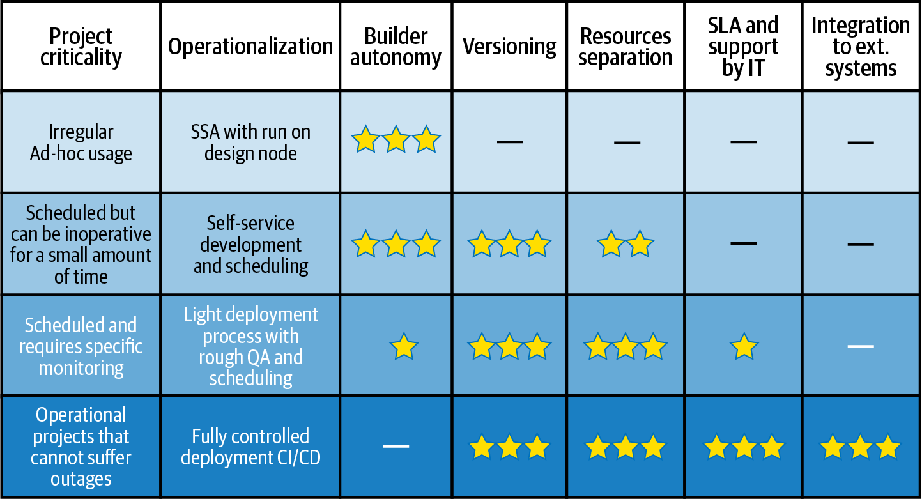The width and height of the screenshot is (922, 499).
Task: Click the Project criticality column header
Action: [81, 47]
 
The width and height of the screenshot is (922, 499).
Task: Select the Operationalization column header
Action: [250, 47]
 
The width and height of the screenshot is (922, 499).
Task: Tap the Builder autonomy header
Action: [396, 47]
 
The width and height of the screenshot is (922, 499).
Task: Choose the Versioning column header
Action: [509, 47]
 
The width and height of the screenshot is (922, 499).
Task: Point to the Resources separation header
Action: [626, 47]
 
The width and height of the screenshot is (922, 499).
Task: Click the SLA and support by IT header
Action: [743, 47]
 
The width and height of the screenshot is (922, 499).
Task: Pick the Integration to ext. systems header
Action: [861, 47]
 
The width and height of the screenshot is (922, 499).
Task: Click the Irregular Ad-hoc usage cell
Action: [81, 142]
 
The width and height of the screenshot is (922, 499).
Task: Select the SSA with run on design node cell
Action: [250, 142]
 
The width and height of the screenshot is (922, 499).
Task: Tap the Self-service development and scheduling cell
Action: [250, 244]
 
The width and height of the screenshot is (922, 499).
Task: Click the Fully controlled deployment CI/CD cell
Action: [250, 447]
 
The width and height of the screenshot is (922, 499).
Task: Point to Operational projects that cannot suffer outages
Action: [81, 447]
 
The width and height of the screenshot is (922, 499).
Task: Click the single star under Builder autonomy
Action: [404, 348]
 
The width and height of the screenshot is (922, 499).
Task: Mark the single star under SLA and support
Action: [744, 348]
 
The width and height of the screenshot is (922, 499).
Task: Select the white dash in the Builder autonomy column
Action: [396, 445]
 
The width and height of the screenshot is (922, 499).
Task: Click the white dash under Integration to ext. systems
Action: [861, 346]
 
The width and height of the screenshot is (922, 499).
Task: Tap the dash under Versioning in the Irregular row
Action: [509, 141]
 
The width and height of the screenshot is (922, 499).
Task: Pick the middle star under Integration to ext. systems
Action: [861, 447]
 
